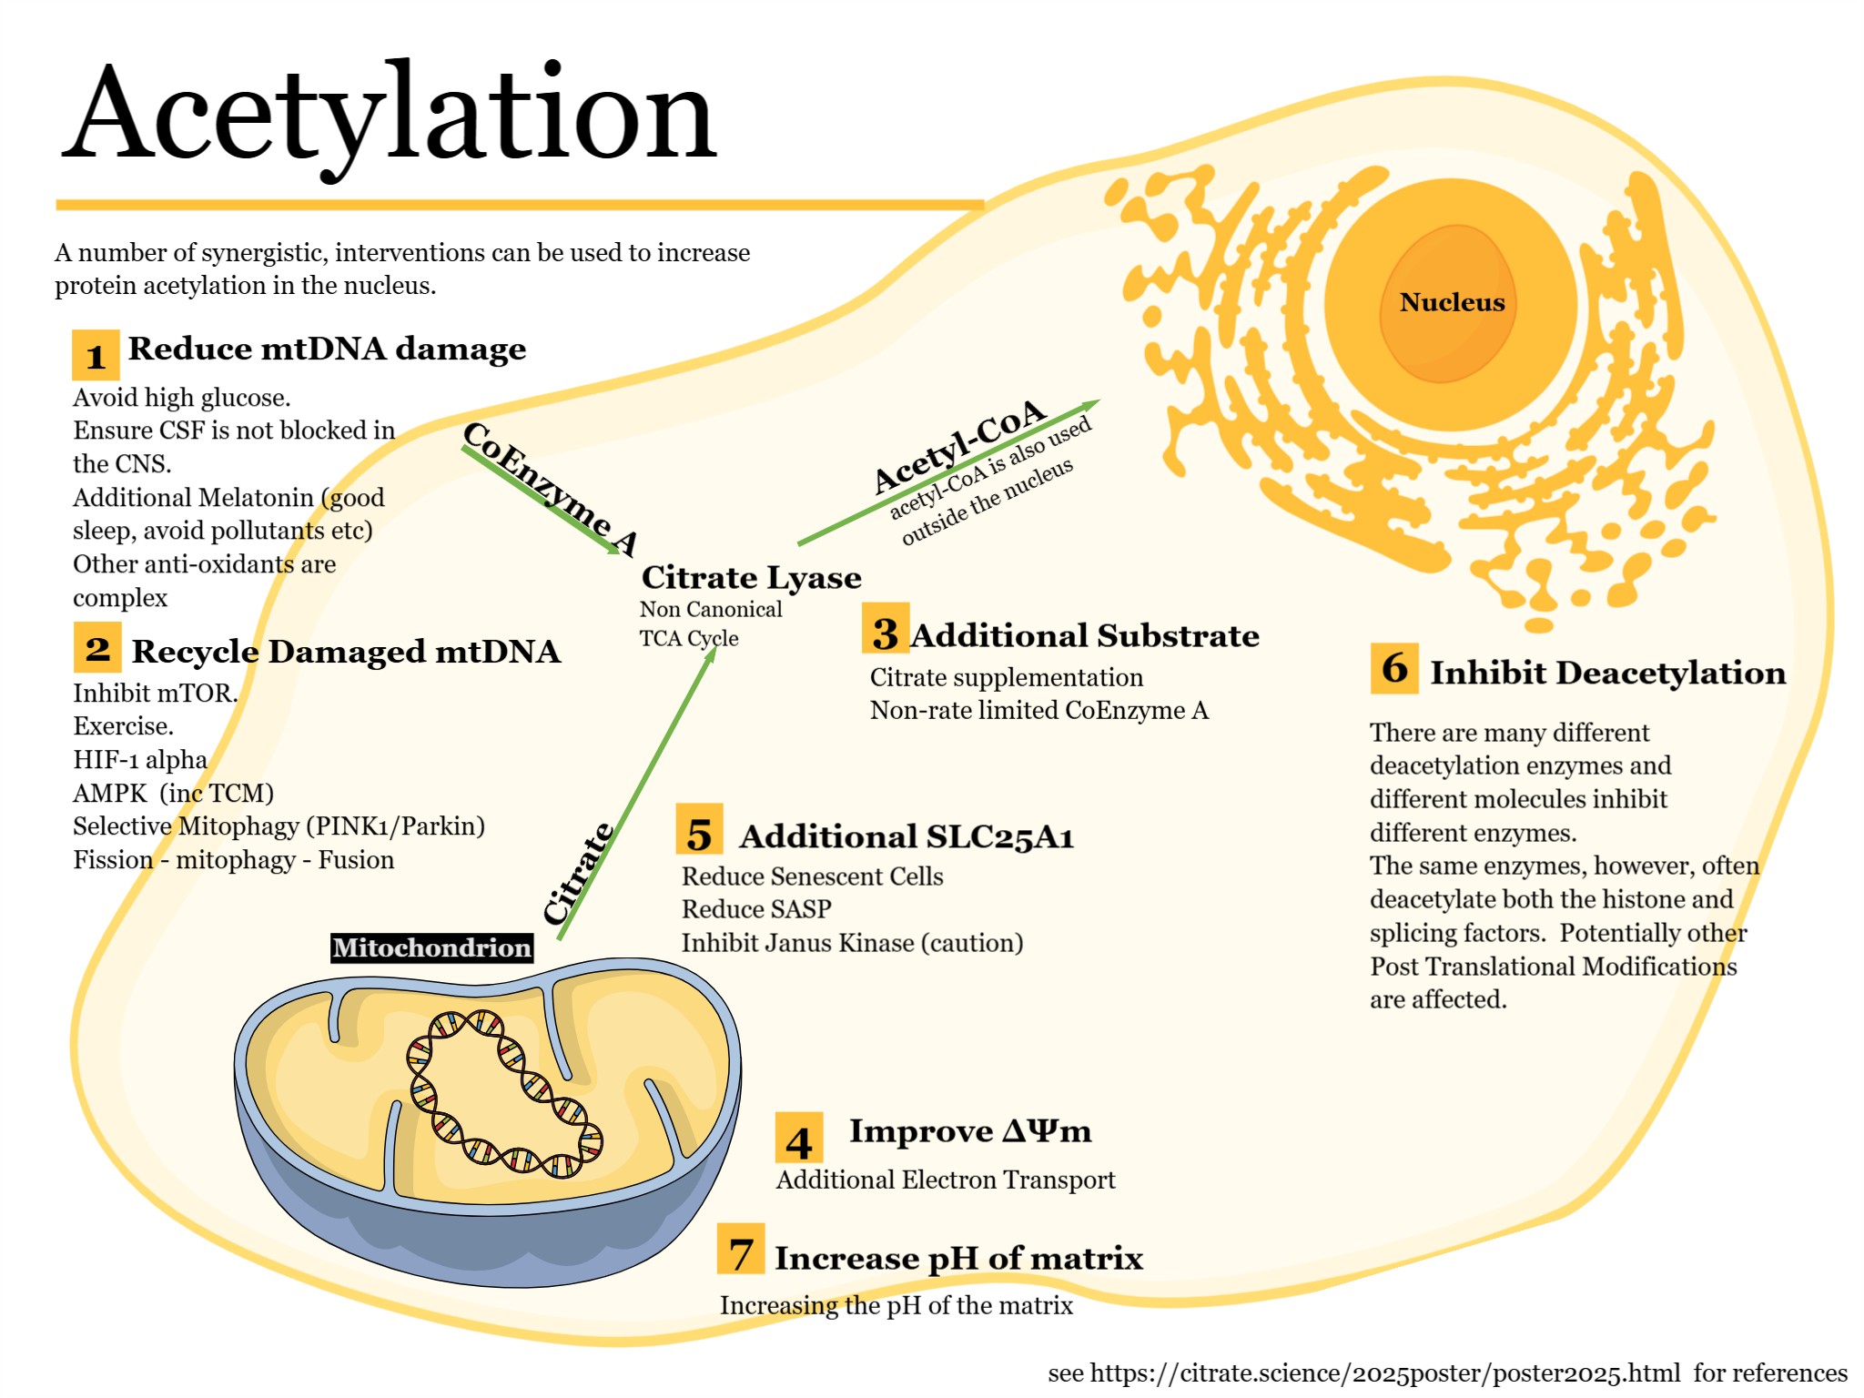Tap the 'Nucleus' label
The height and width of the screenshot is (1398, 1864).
coord(1452,302)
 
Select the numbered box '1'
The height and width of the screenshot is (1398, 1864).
coord(96,355)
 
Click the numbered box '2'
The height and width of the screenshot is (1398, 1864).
coord(97,648)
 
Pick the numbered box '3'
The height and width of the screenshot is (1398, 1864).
coord(885,629)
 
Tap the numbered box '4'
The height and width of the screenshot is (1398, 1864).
coord(798,1139)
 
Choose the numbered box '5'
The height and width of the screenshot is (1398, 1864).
coord(699,829)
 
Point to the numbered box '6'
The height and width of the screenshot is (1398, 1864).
coord(1394,669)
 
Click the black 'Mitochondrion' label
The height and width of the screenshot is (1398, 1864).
coord(431,948)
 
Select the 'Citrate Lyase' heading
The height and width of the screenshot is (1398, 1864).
coord(751,577)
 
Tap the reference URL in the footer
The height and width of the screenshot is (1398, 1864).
coord(1384,1373)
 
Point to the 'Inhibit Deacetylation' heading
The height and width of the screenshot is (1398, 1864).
coord(1607,673)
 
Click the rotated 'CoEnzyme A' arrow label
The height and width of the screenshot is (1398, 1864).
coord(550,488)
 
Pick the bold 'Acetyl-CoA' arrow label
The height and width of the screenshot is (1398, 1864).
coord(960,445)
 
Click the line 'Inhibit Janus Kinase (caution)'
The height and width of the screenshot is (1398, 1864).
coord(852,943)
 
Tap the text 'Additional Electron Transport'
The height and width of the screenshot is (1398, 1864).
coord(945,1180)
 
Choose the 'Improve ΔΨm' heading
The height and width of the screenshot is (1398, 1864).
coord(969,1131)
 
